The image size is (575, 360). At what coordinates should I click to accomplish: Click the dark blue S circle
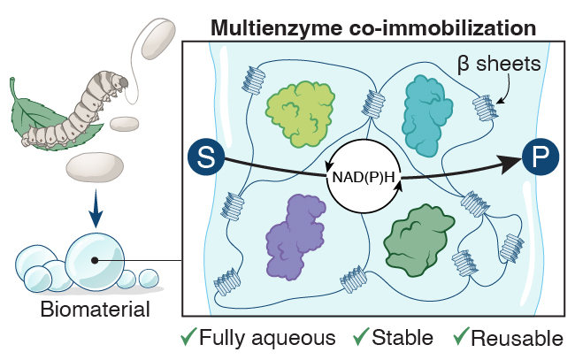point(206,157)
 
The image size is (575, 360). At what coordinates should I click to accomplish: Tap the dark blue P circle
point(540,157)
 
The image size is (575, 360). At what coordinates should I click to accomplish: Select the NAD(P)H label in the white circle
point(364,178)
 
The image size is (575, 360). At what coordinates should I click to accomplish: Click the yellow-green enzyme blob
point(300,113)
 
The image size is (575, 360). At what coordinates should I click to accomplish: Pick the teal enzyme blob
point(426,116)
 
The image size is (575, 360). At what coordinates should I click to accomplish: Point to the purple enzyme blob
point(295,237)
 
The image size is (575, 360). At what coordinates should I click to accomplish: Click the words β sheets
point(499,64)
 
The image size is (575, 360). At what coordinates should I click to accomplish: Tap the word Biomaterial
point(96,309)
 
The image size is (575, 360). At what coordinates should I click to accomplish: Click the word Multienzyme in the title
point(277,27)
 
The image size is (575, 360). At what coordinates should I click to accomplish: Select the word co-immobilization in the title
point(442,27)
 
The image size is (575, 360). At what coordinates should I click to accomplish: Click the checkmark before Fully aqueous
point(188,335)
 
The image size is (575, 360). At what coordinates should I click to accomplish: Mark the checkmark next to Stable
point(361,335)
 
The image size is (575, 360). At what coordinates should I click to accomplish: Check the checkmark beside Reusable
point(461,335)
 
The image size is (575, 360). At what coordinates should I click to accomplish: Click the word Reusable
point(517,338)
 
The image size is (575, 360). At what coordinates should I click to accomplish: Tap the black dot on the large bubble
point(95,260)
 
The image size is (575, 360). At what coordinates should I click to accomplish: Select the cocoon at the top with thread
point(158,39)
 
